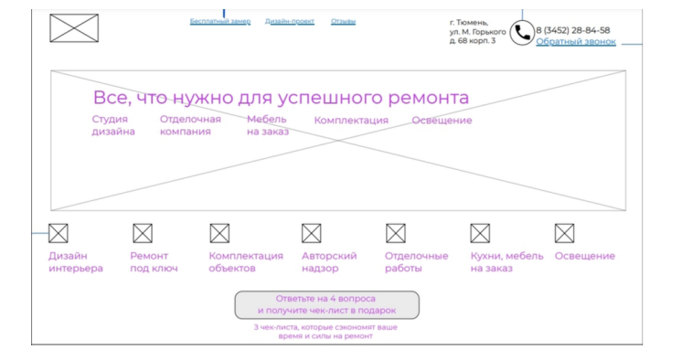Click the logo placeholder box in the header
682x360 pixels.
pos(74,28)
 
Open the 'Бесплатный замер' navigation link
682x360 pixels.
pos(220,21)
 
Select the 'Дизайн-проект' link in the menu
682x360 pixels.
pos(290,21)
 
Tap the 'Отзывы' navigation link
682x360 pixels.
pos(343,21)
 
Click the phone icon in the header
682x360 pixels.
pos(521,34)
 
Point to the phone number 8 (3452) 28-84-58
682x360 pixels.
pos(573,30)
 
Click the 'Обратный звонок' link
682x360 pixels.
pos(576,42)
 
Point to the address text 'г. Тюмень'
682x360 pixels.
pos(469,23)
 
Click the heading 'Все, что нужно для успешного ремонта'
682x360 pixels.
pos(281,98)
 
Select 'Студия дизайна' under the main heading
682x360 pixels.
pos(112,125)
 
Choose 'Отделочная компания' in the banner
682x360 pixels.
pos(190,125)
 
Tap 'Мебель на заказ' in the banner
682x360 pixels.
pos(267,125)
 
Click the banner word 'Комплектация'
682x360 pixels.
pos(351,121)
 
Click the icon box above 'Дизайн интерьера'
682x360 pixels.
pos(59,234)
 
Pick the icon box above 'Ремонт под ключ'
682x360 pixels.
pos(143,234)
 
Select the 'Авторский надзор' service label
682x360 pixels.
pos(329,262)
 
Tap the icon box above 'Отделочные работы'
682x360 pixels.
pos(396,234)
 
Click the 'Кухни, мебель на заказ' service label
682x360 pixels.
pos(506,262)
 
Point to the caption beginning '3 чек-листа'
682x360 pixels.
pos(325,331)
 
